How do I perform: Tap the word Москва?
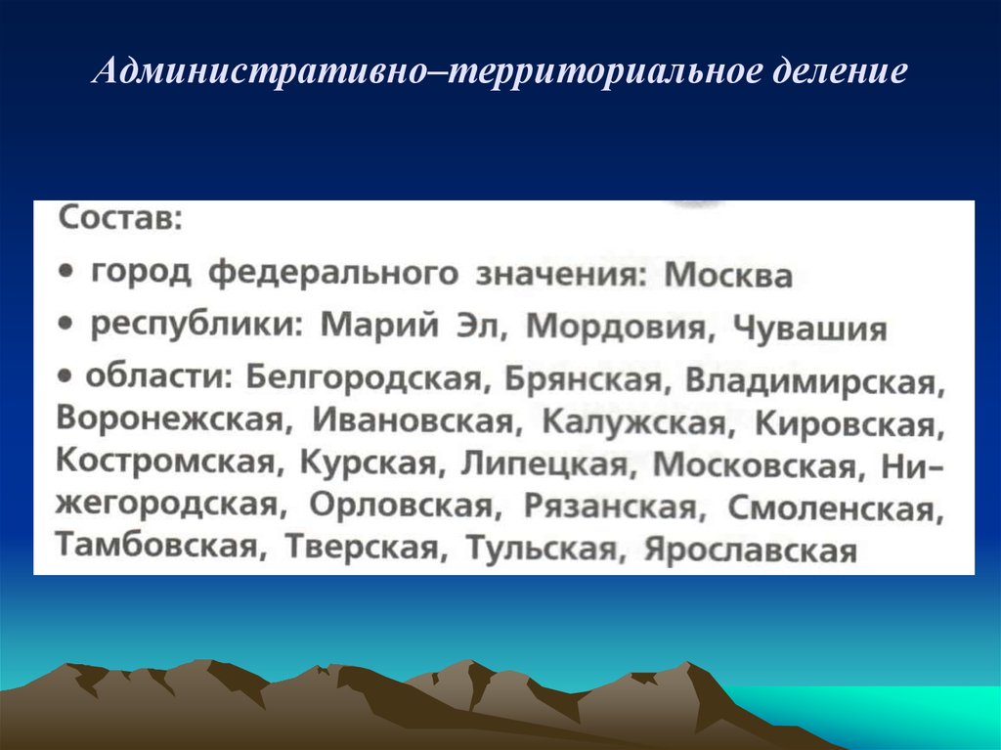727,277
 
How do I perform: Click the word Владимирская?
812,381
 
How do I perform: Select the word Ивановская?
413,422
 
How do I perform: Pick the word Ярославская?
750,551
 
